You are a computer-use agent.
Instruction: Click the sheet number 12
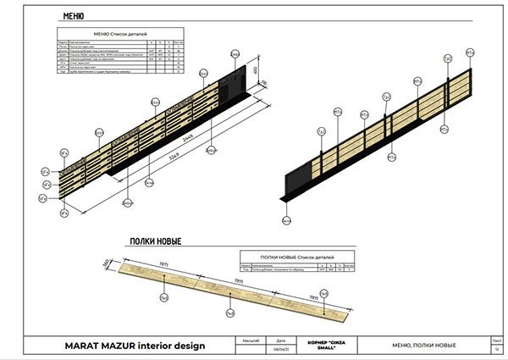[496, 349]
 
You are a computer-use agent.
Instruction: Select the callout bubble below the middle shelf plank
[229, 313]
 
